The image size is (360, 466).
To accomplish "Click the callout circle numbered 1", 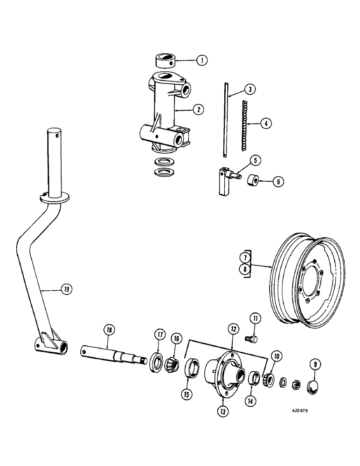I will (x=201, y=60).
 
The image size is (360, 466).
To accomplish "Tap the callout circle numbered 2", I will (x=198, y=110).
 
